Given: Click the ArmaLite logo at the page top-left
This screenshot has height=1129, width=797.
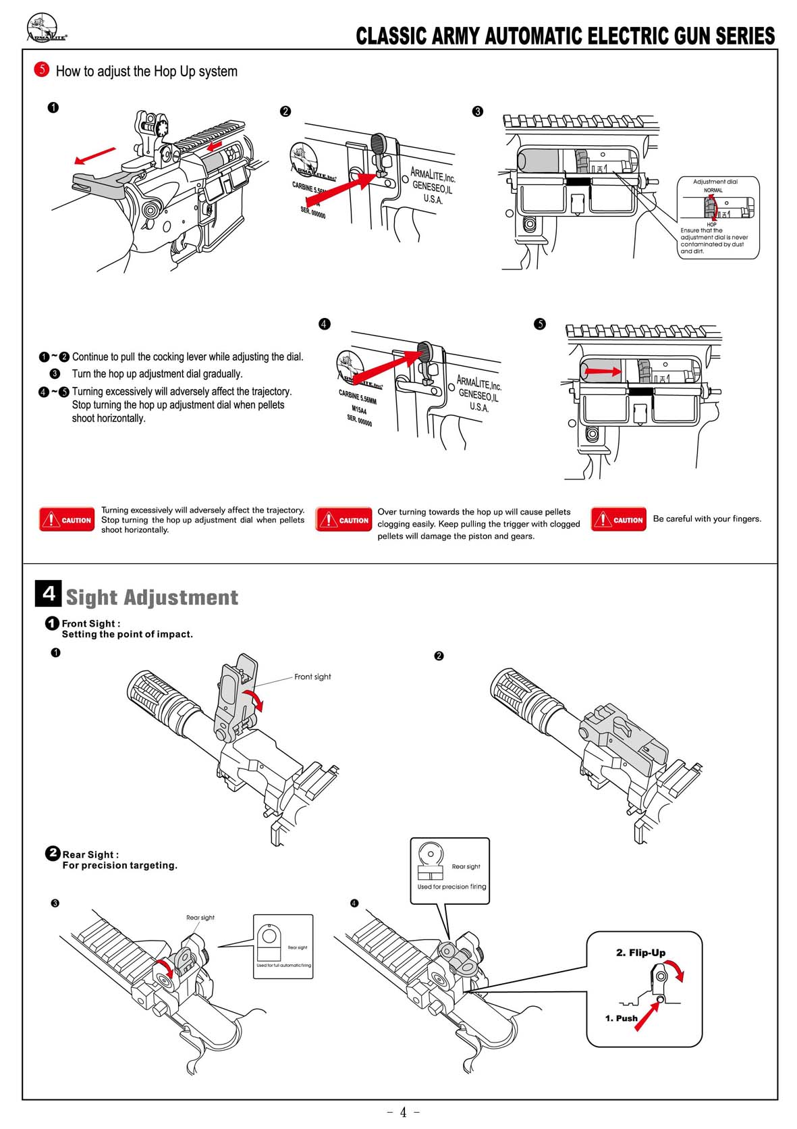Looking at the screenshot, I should point(46,29).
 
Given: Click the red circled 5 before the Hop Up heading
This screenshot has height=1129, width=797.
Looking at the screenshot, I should point(42,70).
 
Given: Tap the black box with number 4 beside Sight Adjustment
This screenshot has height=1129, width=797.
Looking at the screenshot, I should point(48,594).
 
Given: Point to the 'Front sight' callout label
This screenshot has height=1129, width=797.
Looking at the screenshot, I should point(312,677).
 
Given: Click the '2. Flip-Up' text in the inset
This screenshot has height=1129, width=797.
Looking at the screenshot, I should point(640,953).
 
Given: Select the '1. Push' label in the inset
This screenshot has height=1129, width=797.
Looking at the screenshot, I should point(621,1018).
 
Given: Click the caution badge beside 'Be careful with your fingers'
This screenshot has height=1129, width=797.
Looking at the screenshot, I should point(618,519).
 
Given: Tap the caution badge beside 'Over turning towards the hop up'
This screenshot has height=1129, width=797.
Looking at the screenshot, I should point(343,520).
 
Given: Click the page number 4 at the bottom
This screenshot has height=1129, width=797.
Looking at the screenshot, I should point(403,1112).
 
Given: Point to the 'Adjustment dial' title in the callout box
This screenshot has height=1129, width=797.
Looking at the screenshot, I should point(715,182).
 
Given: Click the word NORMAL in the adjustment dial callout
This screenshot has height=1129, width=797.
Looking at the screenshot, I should point(713,190).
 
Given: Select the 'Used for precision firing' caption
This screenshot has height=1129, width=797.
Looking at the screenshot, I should point(451,887).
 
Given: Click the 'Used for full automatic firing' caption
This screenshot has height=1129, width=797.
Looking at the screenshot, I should point(283,966).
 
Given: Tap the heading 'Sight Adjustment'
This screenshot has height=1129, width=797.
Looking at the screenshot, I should point(152,598).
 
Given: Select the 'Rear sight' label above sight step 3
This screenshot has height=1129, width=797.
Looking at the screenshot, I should point(200,918).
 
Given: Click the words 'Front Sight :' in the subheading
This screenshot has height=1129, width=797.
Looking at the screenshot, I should point(91,623).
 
